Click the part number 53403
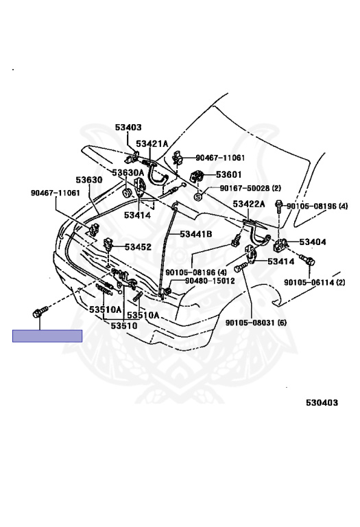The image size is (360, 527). (128, 128)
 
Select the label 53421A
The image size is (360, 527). (152, 144)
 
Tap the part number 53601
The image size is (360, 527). (229, 175)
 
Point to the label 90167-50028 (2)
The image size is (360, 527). (250, 188)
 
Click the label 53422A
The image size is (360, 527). (249, 204)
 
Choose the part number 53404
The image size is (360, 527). (313, 242)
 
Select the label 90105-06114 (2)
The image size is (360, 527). (315, 282)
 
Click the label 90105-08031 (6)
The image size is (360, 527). (256, 323)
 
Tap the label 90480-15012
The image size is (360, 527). (210, 281)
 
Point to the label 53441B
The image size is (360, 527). (196, 234)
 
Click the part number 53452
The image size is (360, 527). (138, 247)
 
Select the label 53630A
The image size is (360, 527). (128, 173)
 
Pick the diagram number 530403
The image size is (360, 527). (322, 403)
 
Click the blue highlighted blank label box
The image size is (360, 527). (47, 336)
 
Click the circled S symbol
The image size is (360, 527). (198, 197)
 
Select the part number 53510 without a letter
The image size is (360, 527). (124, 326)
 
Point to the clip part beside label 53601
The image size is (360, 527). (197, 176)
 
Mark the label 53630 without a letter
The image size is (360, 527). (88, 180)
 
